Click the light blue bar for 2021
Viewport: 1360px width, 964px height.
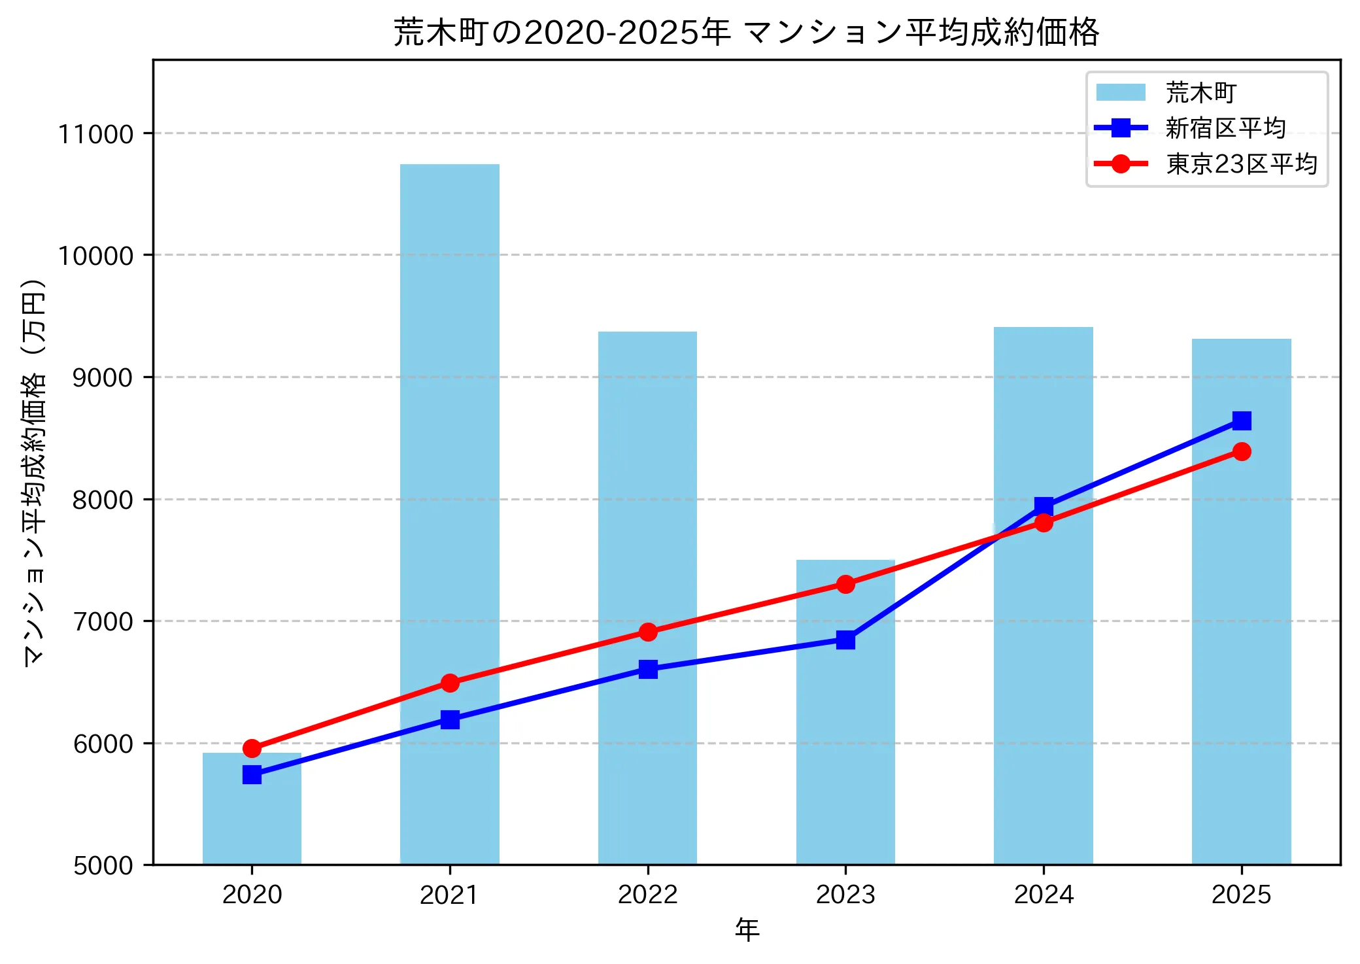click(x=449, y=458)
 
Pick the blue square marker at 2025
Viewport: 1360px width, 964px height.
click(x=1241, y=421)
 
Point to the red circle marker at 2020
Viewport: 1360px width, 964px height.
click(x=252, y=748)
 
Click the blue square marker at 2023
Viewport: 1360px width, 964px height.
click(x=845, y=640)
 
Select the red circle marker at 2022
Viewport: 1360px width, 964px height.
click(x=648, y=632)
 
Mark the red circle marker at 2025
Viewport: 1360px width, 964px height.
click(x=1241, y=452)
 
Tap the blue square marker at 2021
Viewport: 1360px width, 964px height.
click(x=449, y=720)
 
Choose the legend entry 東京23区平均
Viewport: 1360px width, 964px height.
click(x=1240, y=164)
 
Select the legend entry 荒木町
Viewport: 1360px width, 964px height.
click(x=1200, y=93)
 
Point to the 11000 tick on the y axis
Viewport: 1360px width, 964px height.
click(x=95, y=134)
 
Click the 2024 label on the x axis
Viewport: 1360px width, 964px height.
click(x=1043, y=895)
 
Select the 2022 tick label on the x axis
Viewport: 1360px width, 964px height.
click(x=647, y=895)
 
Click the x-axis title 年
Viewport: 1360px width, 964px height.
click(x=746, y=929)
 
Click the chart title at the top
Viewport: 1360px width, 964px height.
click(x=746, y=31)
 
